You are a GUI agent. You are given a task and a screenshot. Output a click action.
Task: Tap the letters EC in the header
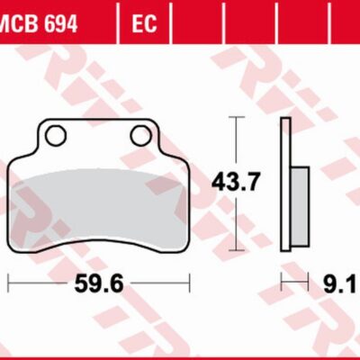[x=144, y=23]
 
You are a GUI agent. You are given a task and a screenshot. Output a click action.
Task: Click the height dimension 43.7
[x=235, y=183]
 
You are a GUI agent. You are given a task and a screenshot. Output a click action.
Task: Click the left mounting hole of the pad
[x=56, y=135]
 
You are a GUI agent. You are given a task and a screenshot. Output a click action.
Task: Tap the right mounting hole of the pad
[x=140, y=135]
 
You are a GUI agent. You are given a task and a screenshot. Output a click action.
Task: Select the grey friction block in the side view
[x=300, y=206]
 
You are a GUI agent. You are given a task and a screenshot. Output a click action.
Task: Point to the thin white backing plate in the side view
[x=285, y=184]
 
